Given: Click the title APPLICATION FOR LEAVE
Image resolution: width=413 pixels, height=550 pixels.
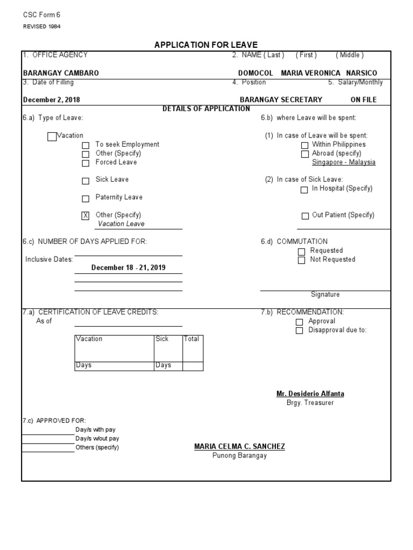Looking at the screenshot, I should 206,45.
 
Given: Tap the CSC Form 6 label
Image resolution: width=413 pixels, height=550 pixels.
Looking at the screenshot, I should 41,15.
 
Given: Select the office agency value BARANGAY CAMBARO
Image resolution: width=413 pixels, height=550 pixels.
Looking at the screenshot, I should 61,73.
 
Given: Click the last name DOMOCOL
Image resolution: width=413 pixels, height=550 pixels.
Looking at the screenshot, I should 256,73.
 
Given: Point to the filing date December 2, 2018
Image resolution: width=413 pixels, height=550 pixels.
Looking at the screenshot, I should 52,99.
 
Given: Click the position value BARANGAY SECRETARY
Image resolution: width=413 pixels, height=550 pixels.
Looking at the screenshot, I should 281,99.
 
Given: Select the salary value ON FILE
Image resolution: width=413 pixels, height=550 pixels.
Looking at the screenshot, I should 364,99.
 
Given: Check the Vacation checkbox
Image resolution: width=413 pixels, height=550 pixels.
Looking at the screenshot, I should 52,136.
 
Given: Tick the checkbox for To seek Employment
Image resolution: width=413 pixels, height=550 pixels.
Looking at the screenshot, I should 86,145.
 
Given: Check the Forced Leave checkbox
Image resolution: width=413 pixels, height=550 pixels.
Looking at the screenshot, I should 86,163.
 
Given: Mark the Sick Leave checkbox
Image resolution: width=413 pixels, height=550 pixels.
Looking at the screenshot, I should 86,180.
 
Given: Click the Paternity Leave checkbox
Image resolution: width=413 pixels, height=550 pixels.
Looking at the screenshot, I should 86,198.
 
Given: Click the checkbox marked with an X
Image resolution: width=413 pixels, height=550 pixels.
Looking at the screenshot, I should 86,216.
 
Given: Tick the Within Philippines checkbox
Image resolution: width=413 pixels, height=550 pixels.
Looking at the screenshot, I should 305,145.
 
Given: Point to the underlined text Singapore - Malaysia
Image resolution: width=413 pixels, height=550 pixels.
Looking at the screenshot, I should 344,162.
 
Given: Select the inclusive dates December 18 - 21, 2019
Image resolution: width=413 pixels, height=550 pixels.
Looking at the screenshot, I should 129,267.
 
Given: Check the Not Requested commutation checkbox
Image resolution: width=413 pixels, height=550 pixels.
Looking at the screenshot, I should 301,260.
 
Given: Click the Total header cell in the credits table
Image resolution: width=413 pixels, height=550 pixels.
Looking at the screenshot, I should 192,339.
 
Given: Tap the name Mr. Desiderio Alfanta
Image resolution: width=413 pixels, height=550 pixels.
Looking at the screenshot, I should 310,394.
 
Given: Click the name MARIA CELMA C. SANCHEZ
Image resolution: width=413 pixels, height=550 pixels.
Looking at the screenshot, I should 239,446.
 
